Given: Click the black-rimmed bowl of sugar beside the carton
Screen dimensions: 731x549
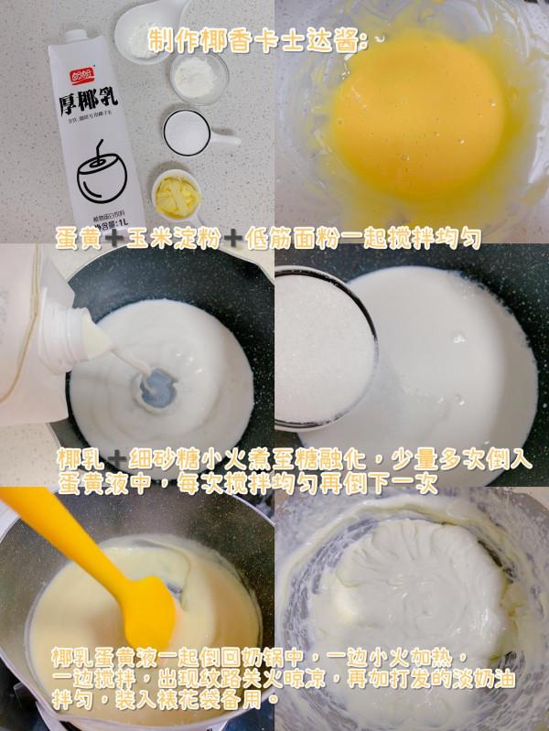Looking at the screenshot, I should (x=187, y=134).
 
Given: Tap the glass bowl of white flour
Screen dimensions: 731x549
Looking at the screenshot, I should (x=198, y=74).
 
